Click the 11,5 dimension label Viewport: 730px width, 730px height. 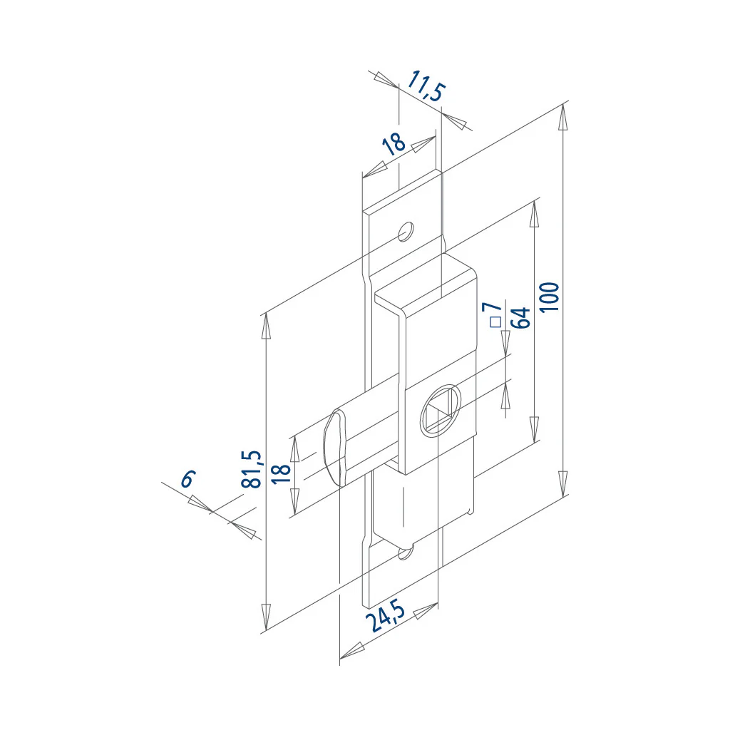click(426, 86)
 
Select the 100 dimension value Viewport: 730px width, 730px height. click(550, 297)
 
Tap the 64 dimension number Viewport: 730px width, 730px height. click(520, 317)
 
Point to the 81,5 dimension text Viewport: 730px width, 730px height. click(252, 469)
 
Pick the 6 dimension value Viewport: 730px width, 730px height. click(188, 479)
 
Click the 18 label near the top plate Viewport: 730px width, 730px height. click(394, 144)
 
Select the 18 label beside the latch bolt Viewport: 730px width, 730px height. click(281, 473)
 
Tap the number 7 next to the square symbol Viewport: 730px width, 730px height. click(492, 307)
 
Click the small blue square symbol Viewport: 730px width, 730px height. click(496, 322)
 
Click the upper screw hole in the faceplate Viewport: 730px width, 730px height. click(406, 231)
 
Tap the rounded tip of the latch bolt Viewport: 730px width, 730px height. click(334, 448)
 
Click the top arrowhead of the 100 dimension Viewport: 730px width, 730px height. click(563, 117)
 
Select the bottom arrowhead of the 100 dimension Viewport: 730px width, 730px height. click(563, 483)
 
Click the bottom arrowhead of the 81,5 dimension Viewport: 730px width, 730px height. click(266, 617)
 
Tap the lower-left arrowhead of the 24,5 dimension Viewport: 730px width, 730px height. click(352, 651)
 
